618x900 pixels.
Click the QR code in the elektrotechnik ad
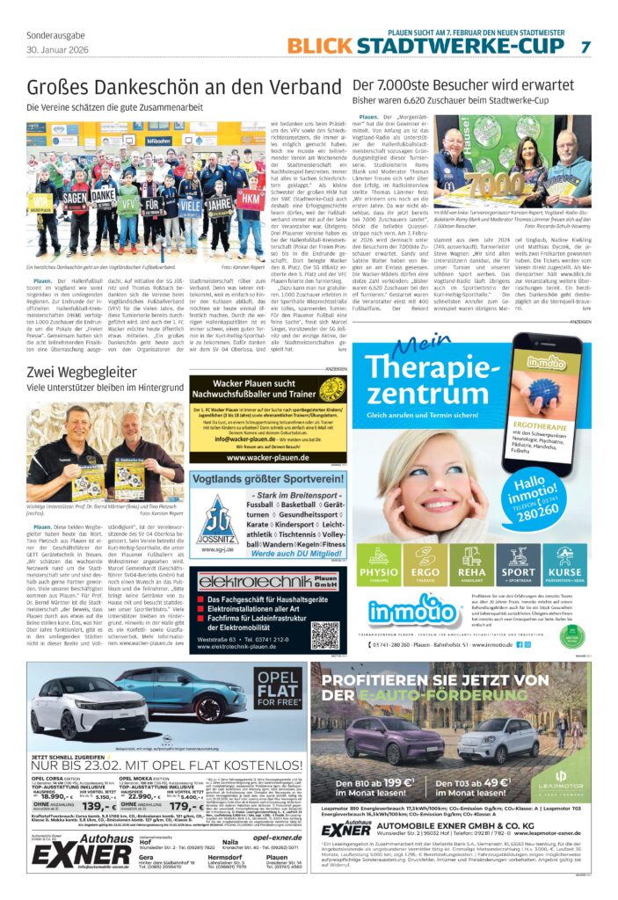click(324, 633)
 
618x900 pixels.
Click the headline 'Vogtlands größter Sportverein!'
click(264, 479)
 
